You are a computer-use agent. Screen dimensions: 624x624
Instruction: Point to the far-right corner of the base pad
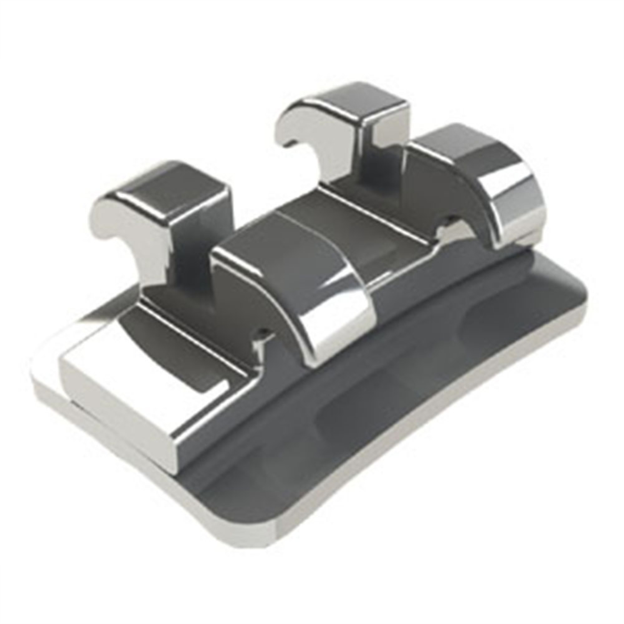tap(585, 289)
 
